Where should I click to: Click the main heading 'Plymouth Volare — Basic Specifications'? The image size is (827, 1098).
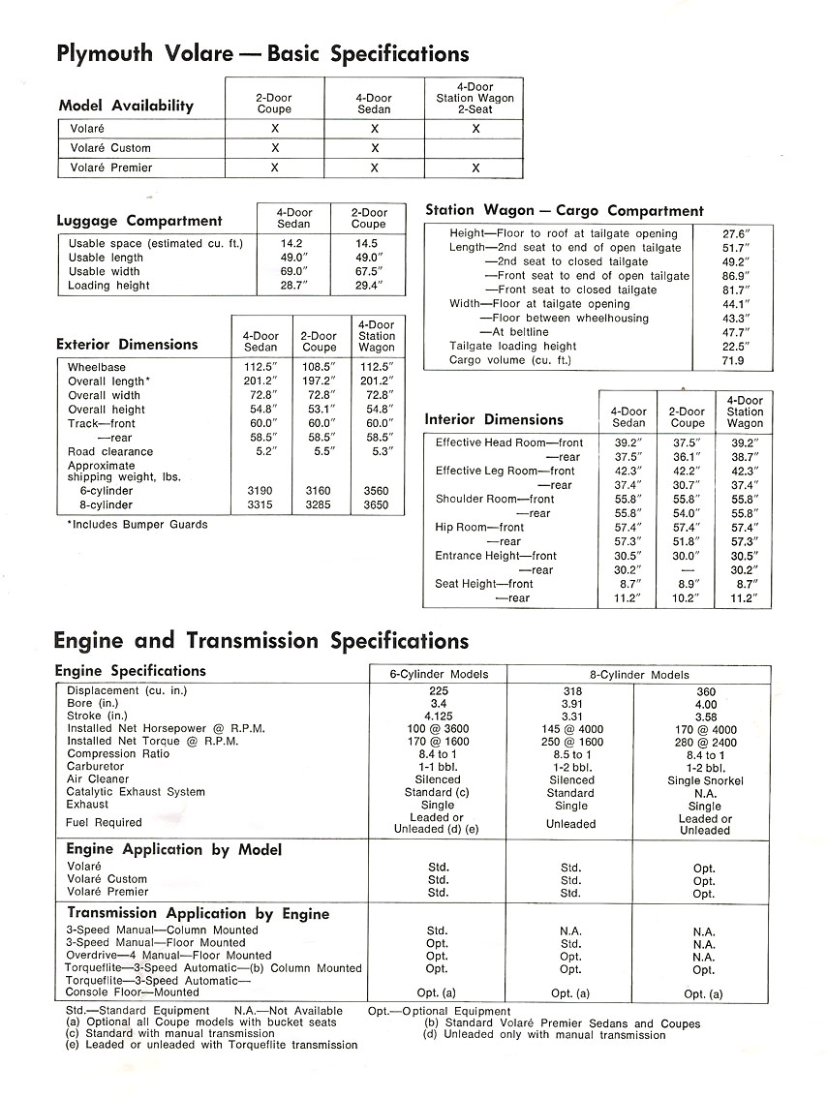pyautogui.click(x=263, y=53)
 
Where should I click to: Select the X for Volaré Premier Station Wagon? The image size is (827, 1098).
pyautogui.click(x=475, y=168)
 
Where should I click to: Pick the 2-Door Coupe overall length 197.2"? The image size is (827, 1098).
pyautogui.click(x=319, y=381)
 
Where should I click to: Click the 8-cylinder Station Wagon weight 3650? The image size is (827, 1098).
pyautogui.click(x=376, y=505)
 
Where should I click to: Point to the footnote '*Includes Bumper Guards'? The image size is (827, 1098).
pyautogui.click(x=137, y=525)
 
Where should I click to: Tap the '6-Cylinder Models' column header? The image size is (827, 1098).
pyautogui.click(x=438, y=675)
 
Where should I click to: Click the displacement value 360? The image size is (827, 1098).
pyautogui.click(x=704, y=691)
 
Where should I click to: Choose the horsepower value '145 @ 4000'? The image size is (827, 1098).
pyautogui.click(x=570, y=728)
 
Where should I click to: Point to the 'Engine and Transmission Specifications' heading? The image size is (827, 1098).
pyautogui.click(x=261, y=641)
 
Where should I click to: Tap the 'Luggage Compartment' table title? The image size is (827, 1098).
pyautogui.click(x=139, y=221)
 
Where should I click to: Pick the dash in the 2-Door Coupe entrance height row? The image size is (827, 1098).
pyautogui.click(x=688, y=570)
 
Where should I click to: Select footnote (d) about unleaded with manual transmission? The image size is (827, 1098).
pyautogui.click(x=544, y=1035)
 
